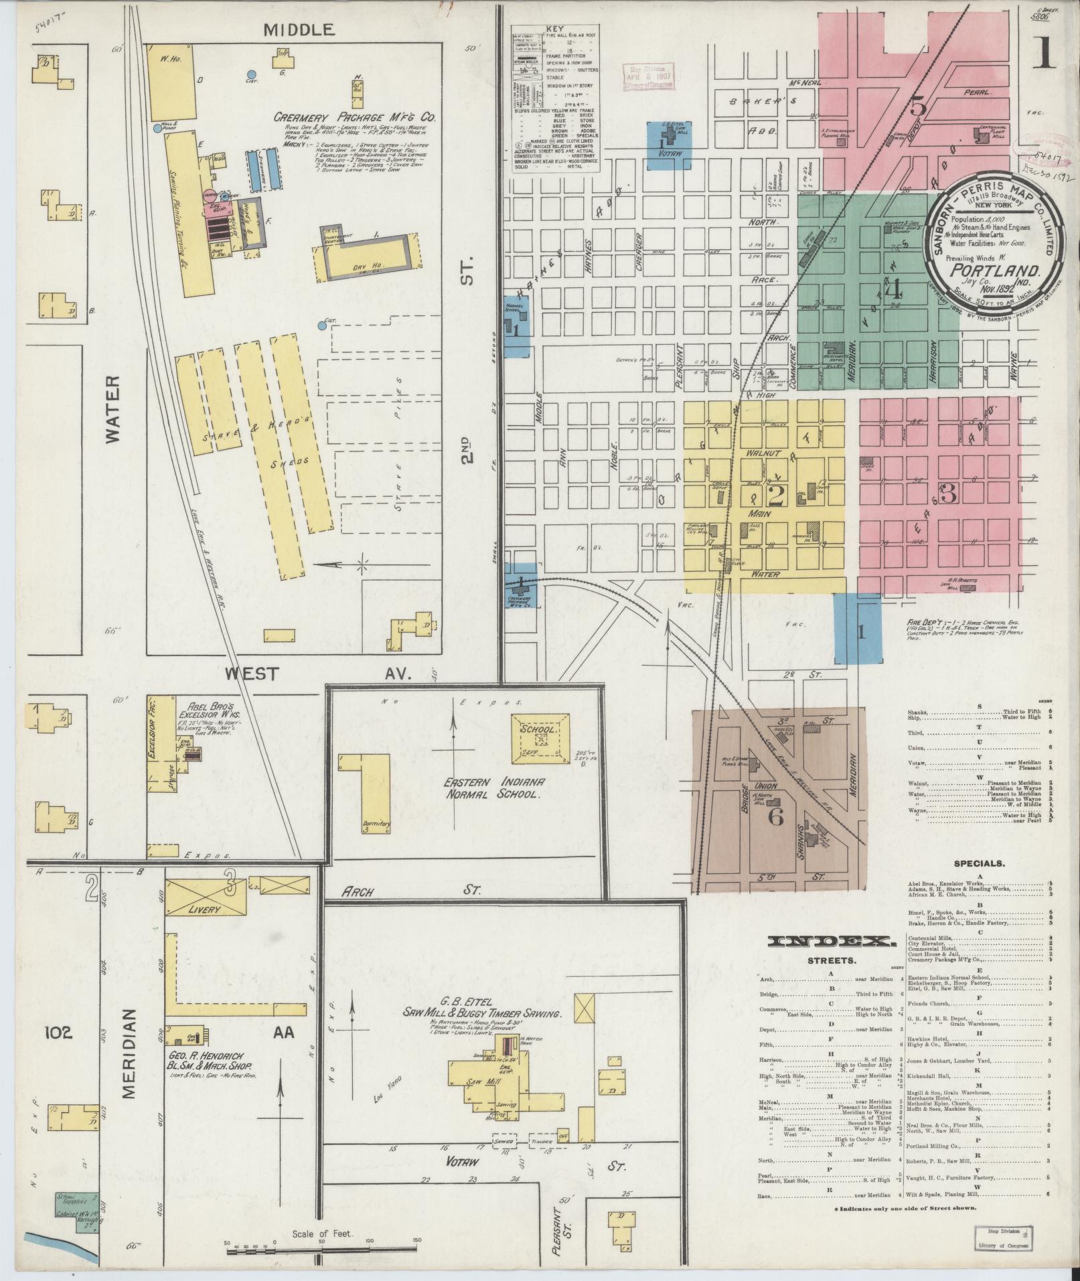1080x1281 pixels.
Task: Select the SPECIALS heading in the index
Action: click(979, 863)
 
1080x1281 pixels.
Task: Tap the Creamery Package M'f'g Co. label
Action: click(355, 117)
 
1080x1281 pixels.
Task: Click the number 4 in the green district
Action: click(893, 291)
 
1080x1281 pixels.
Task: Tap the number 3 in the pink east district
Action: click(947, 493)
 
